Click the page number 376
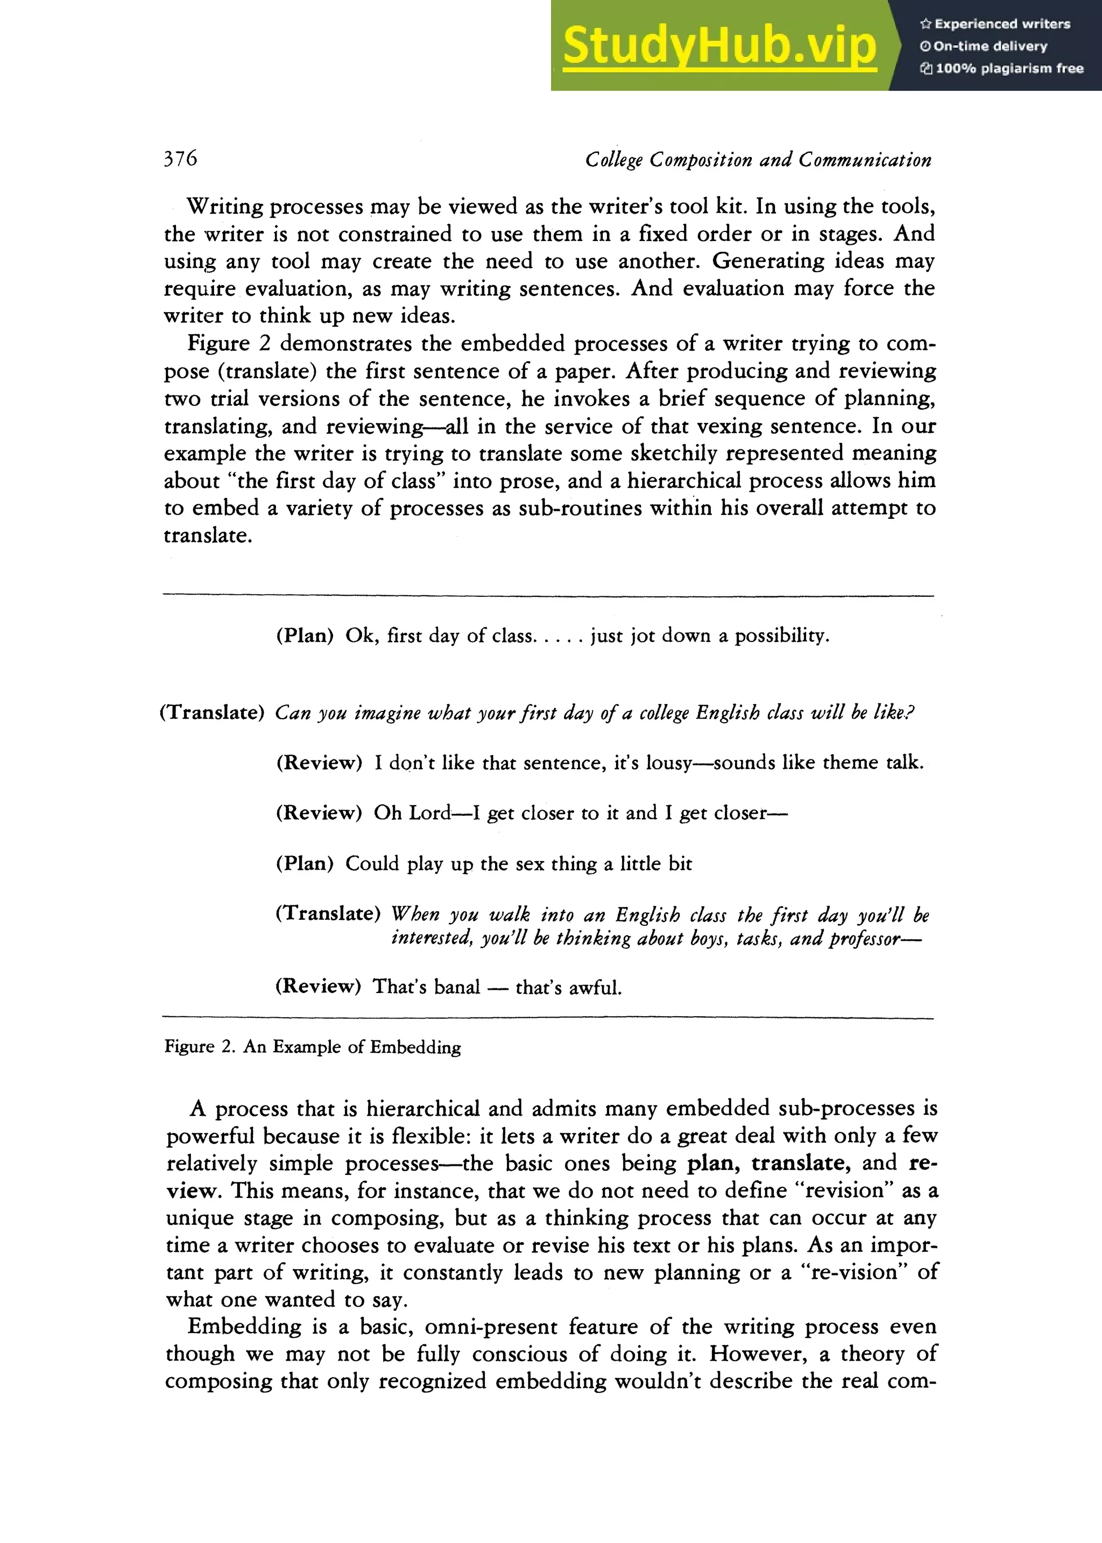click(180, 158)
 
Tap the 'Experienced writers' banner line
click(995, 24)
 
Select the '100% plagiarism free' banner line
click(1002, 68)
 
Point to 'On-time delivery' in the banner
click(984, 46)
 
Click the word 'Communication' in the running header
click(865, 160)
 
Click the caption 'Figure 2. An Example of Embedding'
click(313, 1046)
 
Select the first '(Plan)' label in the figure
click(305, 636)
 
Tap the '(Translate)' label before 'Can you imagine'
click(211, 713)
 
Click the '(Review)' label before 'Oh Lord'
click(319, 813)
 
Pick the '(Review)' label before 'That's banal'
click(317, 986)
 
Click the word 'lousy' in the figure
click(668, 763)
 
